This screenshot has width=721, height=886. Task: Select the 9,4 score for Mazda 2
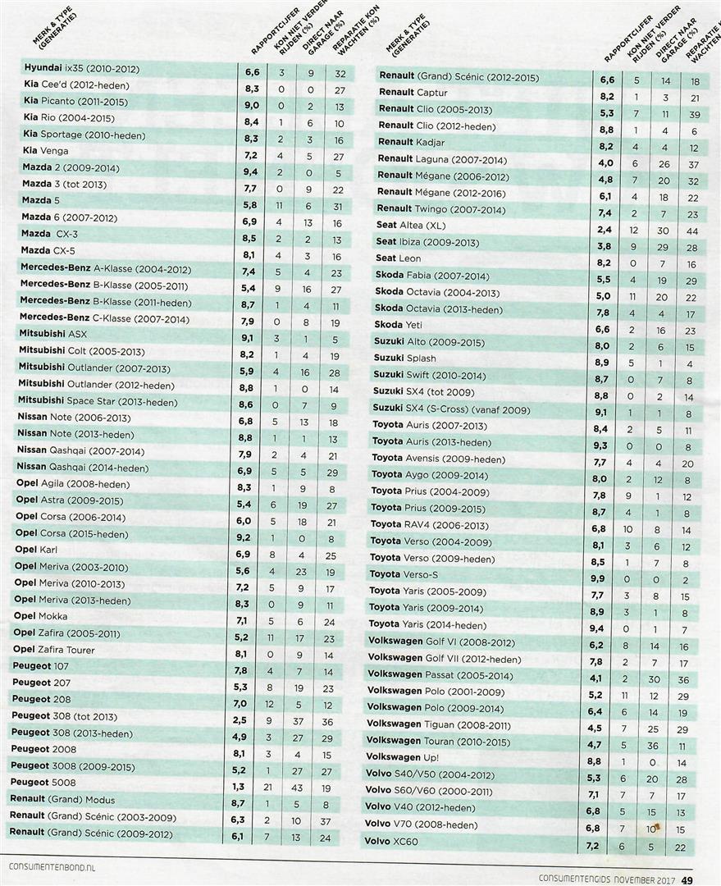pos(252,169)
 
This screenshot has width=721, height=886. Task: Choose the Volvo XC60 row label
pos(391,842)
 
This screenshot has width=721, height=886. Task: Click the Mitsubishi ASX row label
pos(52,336)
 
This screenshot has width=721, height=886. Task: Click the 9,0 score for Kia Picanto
pos(252,103)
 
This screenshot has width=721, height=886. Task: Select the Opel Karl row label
pos(38,550)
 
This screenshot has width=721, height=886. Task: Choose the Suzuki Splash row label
pos(404,359)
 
